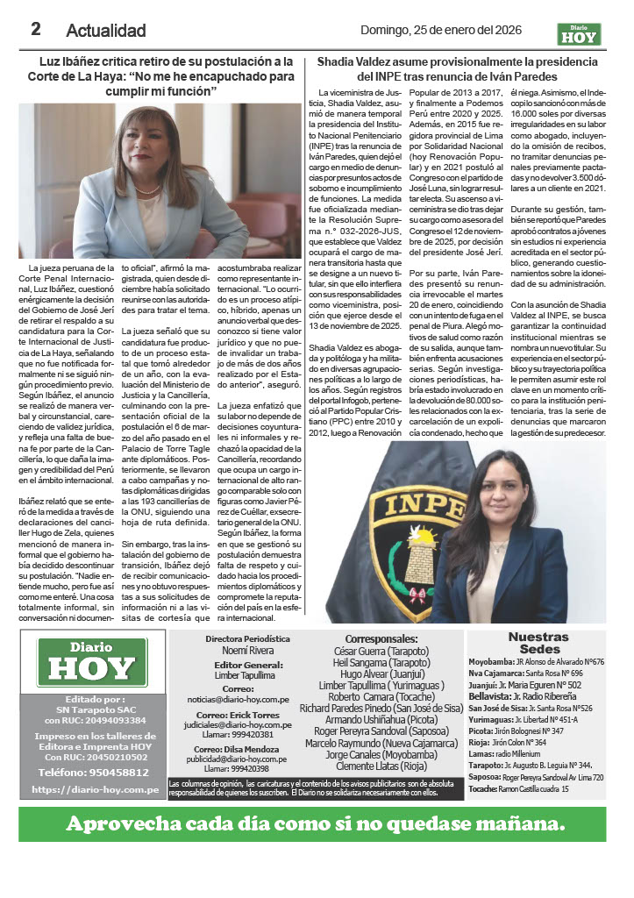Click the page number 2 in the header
click(36, 29)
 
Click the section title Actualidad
click(106, 31)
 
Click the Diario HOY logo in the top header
click(580, 33)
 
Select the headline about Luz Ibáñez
click(158, 75)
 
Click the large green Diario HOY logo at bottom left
click(92, 662)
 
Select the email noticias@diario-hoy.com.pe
click(234, 699)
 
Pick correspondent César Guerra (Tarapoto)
click(381, 652)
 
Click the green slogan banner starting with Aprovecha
click(317, 823)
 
